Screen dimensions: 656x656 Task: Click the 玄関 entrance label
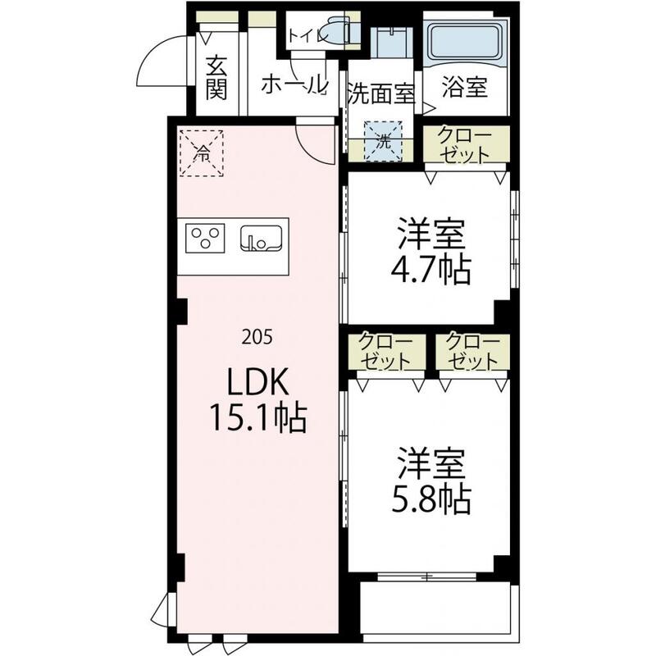pyautogui.click(x=216, y=77)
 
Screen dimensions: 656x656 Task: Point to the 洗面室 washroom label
pyautogui.click(x=380, y=93)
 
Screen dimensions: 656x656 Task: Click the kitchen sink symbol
pyautogui.click(x=261, y=238)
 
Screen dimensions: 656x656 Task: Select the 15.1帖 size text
pyautogui.click(x=257, y=419)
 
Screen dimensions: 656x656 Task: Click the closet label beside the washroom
pyautogui.click(x=465, y=145)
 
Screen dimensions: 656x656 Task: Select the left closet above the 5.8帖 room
pyautogui.click(x=385, y=352)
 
